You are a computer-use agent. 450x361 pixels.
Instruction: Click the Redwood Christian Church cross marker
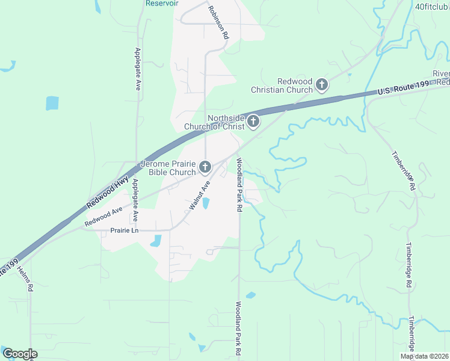point(322,85)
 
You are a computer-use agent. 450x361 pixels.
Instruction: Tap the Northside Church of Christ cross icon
point(253,122)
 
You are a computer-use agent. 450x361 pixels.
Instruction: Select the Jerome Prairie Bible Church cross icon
point(205,167)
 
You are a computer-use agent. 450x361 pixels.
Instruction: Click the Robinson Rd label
point(218,22)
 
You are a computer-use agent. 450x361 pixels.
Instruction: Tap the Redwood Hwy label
point(108,193)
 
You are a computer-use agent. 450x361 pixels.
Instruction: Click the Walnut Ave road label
point(199,195)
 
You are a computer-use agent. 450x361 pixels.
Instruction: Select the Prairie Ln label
point(125,230)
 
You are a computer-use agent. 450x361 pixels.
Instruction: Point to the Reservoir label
point(162,3)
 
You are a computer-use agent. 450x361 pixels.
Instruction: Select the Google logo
point(19,354)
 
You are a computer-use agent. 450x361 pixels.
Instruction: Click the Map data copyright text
point(424,356)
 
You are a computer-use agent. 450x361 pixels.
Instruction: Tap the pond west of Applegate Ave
point(52,103)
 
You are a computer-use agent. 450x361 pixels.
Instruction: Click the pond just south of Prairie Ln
point(156,241)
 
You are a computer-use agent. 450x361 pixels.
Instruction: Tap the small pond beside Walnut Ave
point(206,203)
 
